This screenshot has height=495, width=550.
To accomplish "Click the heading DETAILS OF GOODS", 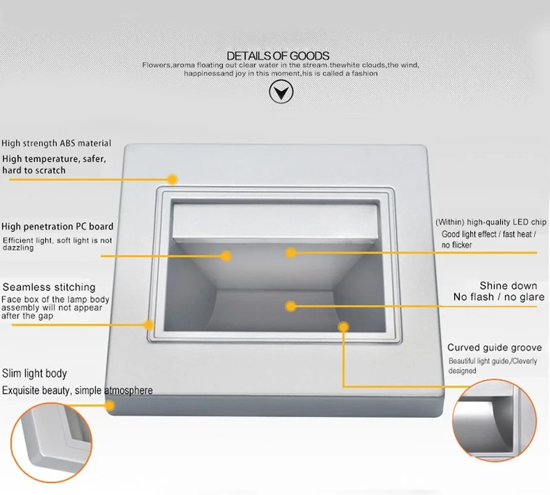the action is [x=278, y=56].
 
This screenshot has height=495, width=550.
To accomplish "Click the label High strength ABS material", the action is [x=56, y=144].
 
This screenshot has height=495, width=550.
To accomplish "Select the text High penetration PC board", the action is [x=58, y=226].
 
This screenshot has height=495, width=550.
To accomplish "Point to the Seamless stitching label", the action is [x=49, y=287].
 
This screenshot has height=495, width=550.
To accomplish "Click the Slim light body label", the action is [x=34, y=374].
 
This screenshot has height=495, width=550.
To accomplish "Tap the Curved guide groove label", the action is [x=494, y=348].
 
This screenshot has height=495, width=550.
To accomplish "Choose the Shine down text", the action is [x=508, y=286].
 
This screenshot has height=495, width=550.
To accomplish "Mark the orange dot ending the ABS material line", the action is [x=173, y=179].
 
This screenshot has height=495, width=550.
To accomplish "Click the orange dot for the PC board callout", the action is [x=226, y=255].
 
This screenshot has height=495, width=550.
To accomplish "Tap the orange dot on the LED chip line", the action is [x=290, y=252].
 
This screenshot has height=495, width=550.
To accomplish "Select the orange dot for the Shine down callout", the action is [x=290, y=305].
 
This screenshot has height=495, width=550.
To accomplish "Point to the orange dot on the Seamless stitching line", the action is [x=149, y=324].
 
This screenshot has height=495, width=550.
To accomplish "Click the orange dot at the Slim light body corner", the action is [x=111, y=406].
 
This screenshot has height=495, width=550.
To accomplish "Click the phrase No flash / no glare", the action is [x=499, y=298].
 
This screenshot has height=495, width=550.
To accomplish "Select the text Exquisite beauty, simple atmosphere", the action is [x=77, y=390].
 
